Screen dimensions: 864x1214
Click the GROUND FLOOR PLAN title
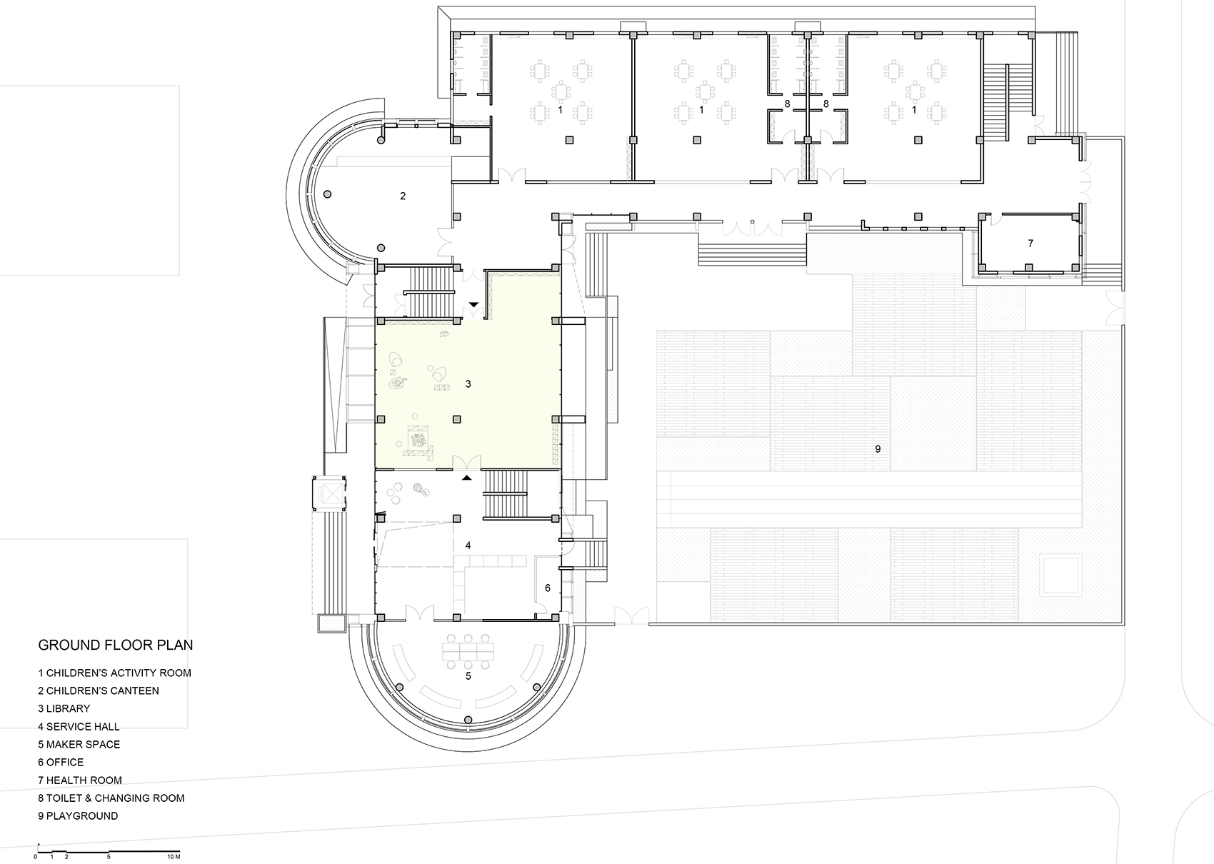(x=115, y=646)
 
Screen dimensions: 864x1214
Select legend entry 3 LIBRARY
(x=64, y=708)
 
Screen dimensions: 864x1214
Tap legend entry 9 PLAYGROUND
(x=78, y=815)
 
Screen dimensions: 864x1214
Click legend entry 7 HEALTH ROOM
(x=80, y=780)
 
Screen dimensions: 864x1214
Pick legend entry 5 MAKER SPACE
(x=79, y=744)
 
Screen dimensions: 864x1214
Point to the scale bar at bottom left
(x=107, y=851)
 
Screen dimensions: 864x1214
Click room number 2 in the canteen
(x=403, y=196)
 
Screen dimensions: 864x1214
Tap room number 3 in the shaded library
(x=468, y=384)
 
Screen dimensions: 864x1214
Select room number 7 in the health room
(x=1030, y=243)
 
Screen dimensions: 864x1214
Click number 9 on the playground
(x=878, y=449)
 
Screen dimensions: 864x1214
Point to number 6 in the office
(x=548, y=588)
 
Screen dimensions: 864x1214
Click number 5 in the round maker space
(x=468, y=675)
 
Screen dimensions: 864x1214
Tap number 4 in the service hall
(x=468, y=546)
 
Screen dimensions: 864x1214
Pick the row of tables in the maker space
(x=468, y=650)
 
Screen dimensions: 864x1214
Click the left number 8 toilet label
(x=787, y=104)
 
